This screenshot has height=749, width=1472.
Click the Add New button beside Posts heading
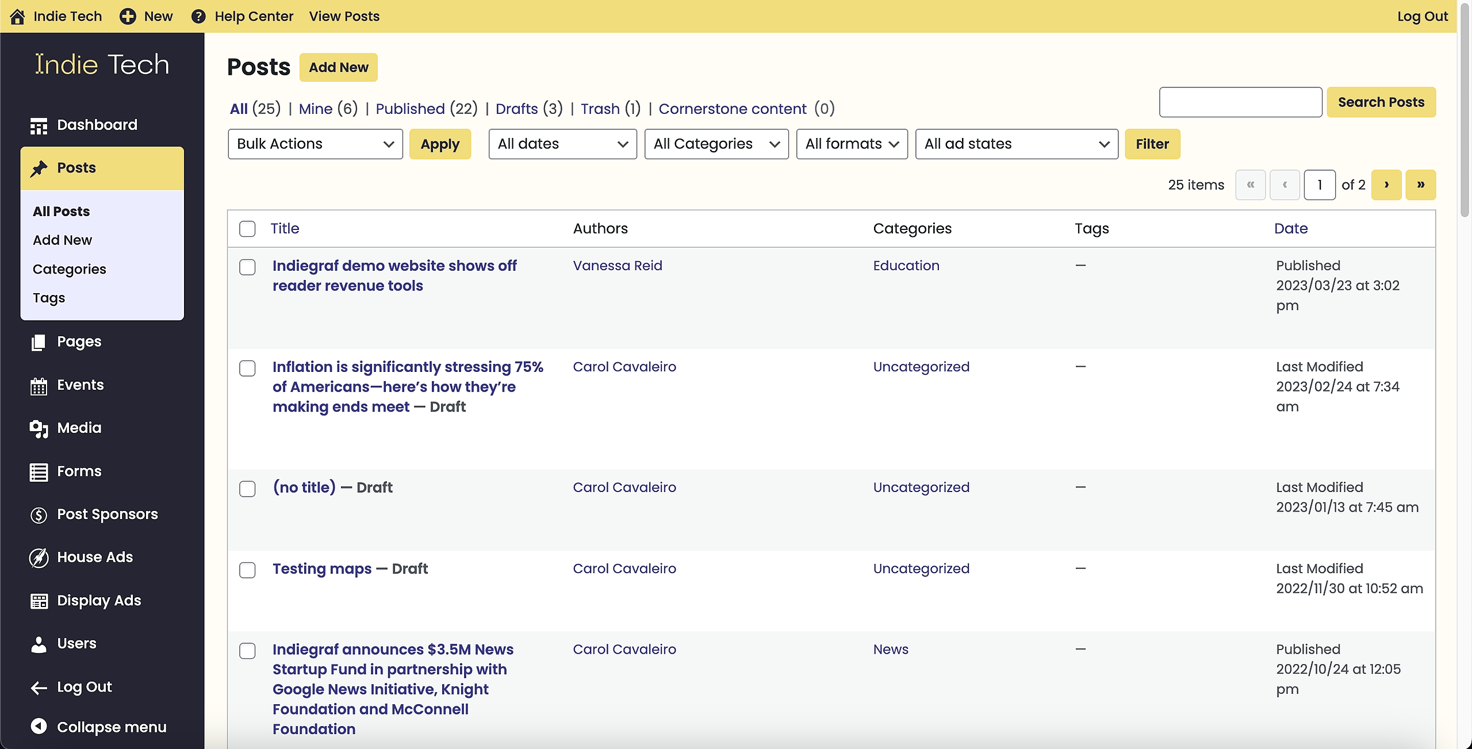click(338, 67)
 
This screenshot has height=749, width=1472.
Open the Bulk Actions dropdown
click(315, 144)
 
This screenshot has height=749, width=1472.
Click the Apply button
click(440, 144)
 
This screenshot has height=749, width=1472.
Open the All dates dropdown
click(562, 144)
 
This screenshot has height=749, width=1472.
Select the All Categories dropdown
click(716, 144)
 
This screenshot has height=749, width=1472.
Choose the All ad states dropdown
click(1017, 144)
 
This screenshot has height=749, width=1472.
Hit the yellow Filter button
click(1152, 144)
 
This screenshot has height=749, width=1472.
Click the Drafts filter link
click(517, 109)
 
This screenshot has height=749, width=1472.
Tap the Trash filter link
click(600, 109)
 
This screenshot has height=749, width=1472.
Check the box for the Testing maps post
click(247, 570)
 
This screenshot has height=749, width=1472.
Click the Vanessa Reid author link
click(618, 266)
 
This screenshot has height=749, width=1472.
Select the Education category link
click(906, 266)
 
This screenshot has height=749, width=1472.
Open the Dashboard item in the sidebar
click(97, 125)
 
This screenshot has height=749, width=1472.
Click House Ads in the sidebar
click(95, 557)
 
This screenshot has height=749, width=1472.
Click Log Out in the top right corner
click(1423, 16)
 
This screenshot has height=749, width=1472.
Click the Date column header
click(1291, 228)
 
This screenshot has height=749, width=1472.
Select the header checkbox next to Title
click(247, 229)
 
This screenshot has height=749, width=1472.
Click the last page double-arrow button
click(1420, 185)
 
